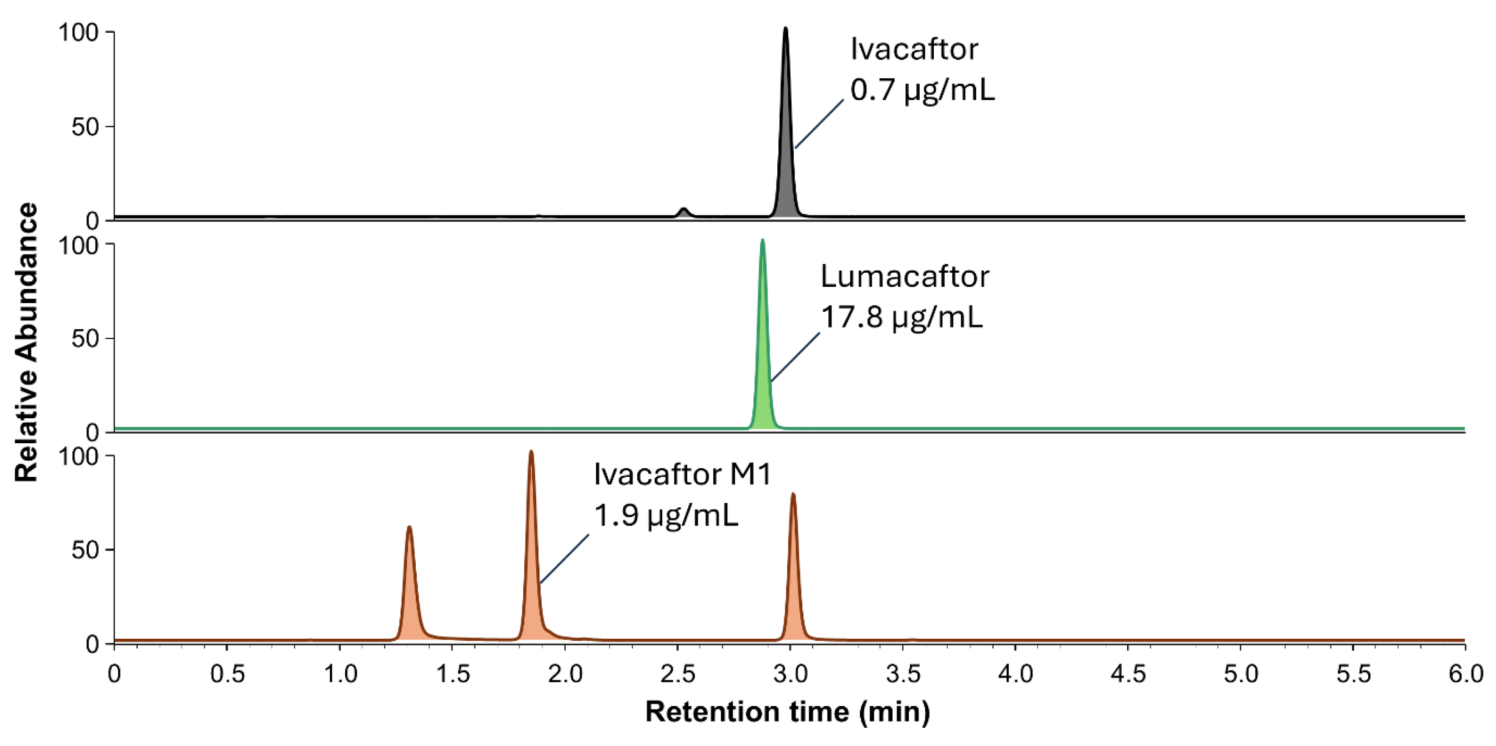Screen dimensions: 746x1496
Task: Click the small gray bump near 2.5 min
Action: click(684, 212)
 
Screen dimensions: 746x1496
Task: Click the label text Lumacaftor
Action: click(904, 277)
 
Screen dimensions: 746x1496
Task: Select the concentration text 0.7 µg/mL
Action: click(922, 90)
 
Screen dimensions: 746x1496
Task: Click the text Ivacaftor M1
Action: click(682, 474)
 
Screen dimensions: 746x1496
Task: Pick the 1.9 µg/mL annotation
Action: click(666, 515)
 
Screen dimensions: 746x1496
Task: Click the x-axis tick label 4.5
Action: click(1128, 675)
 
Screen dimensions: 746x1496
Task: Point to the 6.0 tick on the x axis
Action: click(1465, 675)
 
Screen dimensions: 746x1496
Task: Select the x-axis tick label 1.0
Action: click(340, 675)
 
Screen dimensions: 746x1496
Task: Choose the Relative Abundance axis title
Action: click(26, 342)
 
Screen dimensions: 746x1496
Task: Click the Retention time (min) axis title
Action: click(787, 712)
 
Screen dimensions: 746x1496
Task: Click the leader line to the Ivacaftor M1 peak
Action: click(564, 559)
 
